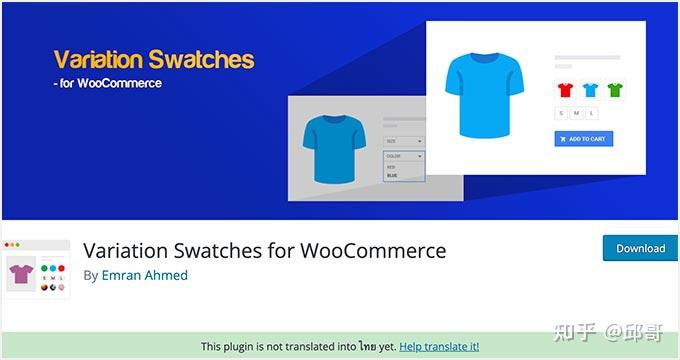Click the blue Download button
click(x=640, y=248)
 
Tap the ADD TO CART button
click(x=583, y=139)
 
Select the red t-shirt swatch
click(x=565, y=91)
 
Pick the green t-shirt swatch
click(x=614, y=91)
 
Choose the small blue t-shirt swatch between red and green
click(x=590, y=91)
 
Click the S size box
click(x=562, y=114)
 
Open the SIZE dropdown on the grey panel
click(x=403, y=142)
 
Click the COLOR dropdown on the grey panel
click(x=403, y=157)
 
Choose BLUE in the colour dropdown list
click(x=392, y=175)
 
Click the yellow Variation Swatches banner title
click(x=153, y=59)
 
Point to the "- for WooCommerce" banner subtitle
click(x=107, y=83)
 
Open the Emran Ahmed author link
click(x=144, y=275)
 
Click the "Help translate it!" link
click(x=439, y=346)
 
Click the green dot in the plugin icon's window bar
click(x=19, y=245)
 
